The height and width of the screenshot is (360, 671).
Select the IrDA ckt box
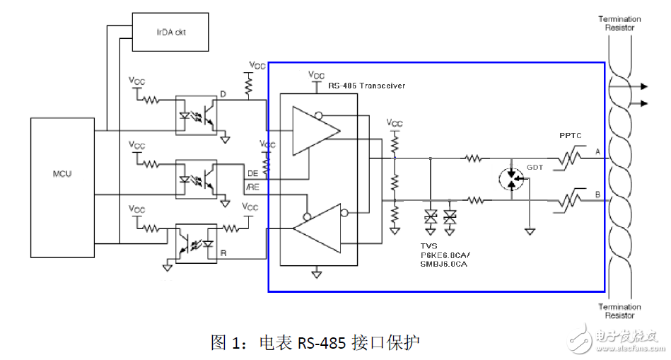coord(170,32)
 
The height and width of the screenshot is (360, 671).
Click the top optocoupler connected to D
coord(195,114)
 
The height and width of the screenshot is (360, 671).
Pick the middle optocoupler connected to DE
coord(195,178)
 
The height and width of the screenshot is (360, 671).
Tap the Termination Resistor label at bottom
coord(619,312)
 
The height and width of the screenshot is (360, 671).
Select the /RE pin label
coord(252,187)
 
